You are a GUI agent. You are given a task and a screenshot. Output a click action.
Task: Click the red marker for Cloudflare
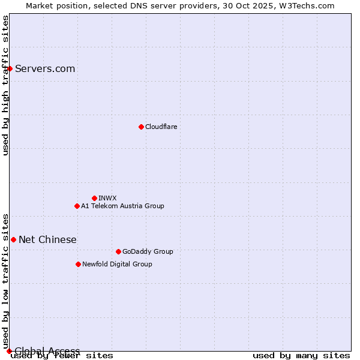[141, 127]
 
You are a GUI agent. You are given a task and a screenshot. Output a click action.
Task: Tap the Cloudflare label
[161, 127]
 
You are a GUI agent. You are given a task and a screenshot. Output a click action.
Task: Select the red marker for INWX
[94, 198]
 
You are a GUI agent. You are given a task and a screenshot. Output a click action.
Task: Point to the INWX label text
[107, 198]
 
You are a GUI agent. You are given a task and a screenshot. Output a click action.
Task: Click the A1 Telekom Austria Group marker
[77, 206]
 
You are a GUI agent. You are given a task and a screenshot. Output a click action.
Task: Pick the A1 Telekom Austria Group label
[122, 206]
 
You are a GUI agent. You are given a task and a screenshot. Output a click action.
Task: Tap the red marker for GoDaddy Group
[118, 251]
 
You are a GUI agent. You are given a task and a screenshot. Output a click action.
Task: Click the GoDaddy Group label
[148, 251]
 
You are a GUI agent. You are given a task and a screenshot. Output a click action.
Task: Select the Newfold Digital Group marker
[78, 264]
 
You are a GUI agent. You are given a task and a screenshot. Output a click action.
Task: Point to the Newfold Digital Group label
[117, 264]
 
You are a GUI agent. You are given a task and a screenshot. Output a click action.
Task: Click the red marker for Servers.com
[10, 68]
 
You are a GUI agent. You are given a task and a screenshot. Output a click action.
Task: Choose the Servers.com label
[45, 68]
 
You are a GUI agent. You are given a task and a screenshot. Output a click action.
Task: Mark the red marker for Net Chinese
[13, 239]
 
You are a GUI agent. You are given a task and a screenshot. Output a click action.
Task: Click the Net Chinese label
[47, 239]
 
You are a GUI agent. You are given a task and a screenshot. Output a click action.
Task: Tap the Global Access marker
[9, 351]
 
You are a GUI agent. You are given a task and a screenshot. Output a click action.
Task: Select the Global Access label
[47, 351]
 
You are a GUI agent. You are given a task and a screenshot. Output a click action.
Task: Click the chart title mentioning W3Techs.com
[180, 5]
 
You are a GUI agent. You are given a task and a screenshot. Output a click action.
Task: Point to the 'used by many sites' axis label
[301, 356]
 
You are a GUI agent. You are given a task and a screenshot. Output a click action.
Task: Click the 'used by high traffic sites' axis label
[5, 85]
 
